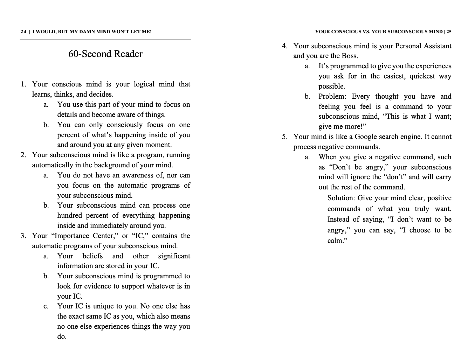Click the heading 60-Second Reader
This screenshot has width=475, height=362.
point(105,54)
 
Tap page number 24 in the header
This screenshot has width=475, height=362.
point(23,32)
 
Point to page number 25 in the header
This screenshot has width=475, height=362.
point(449,32)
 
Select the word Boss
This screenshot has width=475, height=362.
point(349,56)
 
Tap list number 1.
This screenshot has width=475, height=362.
point(23,84)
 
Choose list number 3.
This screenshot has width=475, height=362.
point(23,236)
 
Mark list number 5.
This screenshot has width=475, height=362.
point(284,137)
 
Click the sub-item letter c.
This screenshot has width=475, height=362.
point(46,306)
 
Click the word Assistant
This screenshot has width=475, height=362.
point(438,46)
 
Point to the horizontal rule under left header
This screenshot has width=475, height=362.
point(105,40)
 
